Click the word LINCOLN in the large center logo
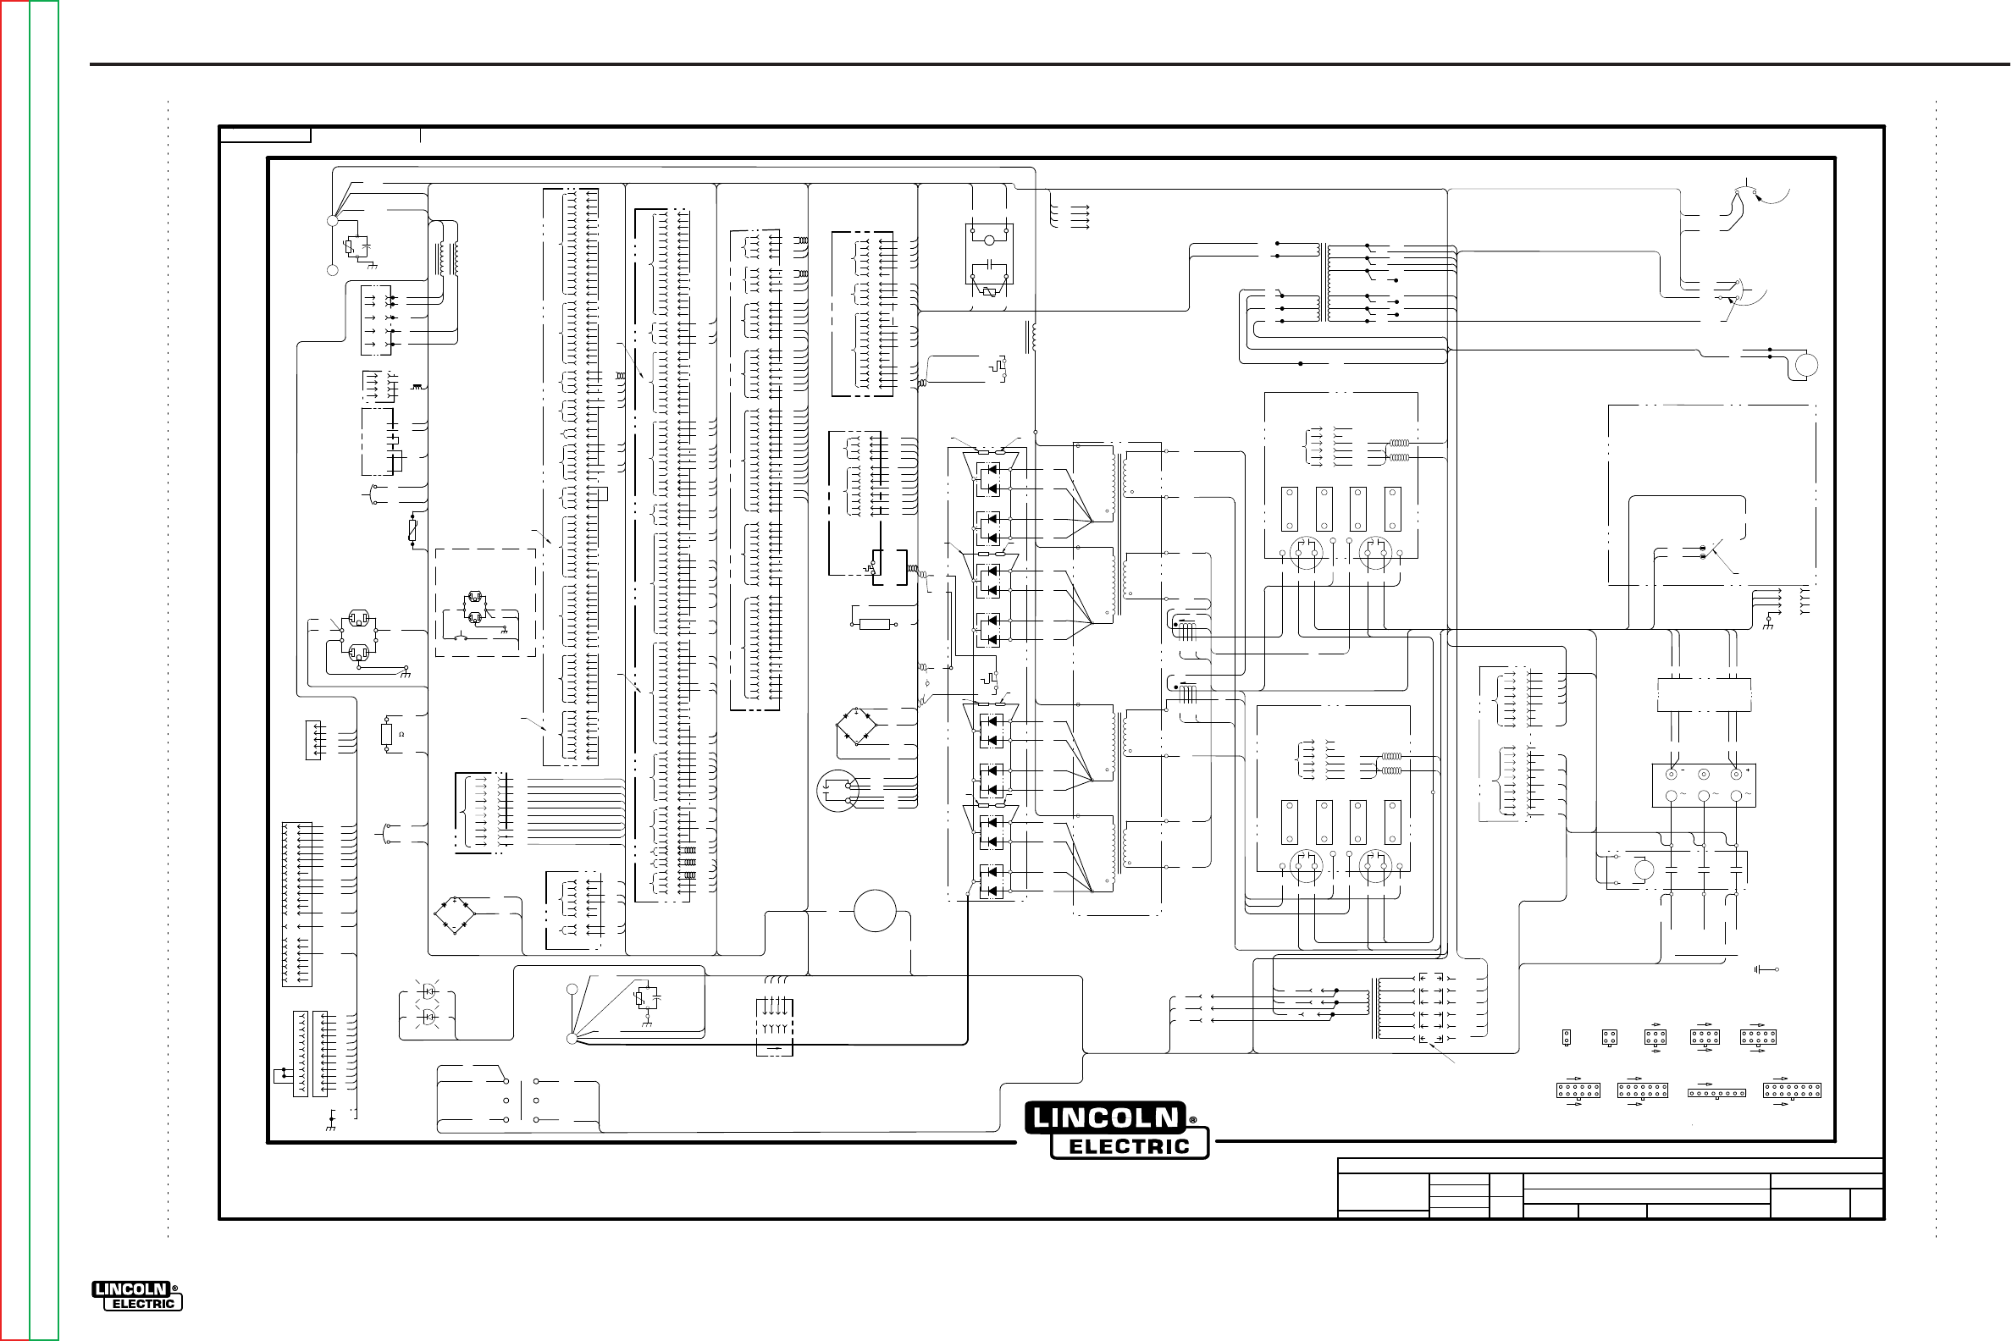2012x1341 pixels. click(1104, 1117)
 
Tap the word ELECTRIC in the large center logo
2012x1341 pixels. click(1129, 1146)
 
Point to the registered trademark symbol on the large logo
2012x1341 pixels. click(1192, 1120)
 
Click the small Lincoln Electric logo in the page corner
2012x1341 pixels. click(137, 1296)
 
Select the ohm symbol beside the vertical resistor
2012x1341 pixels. click(401, 734)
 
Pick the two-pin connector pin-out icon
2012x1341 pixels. click(1567, 1036)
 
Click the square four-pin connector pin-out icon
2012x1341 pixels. click(1609, 1036)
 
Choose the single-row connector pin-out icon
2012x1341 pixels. click(1716, 1093)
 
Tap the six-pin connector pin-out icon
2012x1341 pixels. click(1655, 1036)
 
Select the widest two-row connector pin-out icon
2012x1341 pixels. click(1791, 1090)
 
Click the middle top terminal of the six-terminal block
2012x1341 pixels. click(1704, 775)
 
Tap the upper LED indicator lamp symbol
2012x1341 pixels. click(428, 991)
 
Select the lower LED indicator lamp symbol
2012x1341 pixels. click(428, 1017)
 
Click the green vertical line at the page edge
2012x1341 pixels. click(30, 670)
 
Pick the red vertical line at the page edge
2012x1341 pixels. click(1, 670)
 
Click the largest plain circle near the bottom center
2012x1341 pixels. click(874, 910)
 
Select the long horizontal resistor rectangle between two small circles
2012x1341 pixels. click(874, 624)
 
